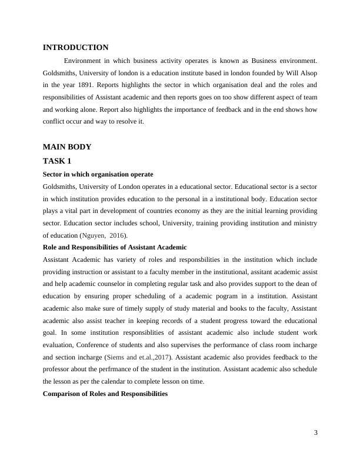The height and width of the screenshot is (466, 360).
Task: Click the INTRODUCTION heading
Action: pyautogui.click(x=75, y=47)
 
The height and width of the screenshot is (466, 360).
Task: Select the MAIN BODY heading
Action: pyautogui.click(x=67, y=147)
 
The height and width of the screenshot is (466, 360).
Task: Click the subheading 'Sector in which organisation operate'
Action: pyautogui.click(x=98, y=174)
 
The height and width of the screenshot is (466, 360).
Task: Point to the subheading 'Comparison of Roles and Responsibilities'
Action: pyautogui.click(x=105, y=394)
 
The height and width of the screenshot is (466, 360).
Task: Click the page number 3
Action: pyautogui.click(x=315, y=434)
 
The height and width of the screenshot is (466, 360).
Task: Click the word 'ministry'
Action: pyautogui.click(x=304, y=223)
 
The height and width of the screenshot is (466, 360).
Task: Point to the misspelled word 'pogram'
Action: pyautogui.click(x=193, y=296)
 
